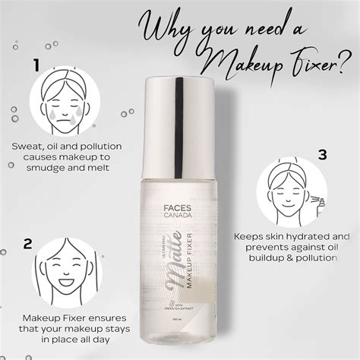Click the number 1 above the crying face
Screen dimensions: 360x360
coord(36,67)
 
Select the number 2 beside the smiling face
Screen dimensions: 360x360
coord(28,245)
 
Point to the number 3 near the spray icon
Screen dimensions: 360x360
coord(322,155)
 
